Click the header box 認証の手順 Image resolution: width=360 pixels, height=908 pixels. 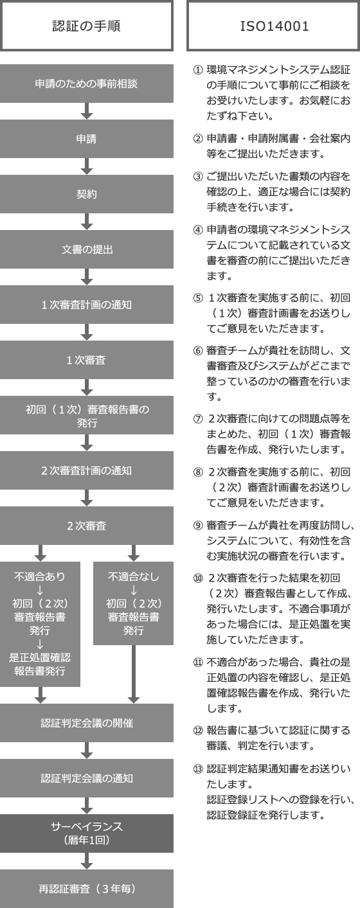[86, 26]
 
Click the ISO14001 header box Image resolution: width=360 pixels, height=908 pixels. [274, 26]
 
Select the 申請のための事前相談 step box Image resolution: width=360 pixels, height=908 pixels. [86, 84]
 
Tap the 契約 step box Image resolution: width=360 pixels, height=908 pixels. [86, 194]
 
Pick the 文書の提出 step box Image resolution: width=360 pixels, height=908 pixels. [86, 249]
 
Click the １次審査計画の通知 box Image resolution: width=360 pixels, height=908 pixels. [86, 305]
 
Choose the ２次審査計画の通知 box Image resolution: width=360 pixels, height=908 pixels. [86, 470]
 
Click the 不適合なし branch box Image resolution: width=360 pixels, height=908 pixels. [133, 603]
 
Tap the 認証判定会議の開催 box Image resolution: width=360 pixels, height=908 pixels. [86, 723]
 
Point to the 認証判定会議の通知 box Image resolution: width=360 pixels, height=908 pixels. [86, 778]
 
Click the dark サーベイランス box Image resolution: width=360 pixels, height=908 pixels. [86, 833]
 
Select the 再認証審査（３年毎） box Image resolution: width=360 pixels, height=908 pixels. [86, 889]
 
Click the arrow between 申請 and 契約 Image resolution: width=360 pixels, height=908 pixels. [87, 166]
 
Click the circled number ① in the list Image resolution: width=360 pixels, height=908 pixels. [198, 69]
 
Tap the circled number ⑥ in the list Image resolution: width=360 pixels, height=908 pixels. [198, 351]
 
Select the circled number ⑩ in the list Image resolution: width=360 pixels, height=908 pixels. [198, 577]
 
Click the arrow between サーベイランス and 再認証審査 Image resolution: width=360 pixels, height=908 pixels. [87, 861]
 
